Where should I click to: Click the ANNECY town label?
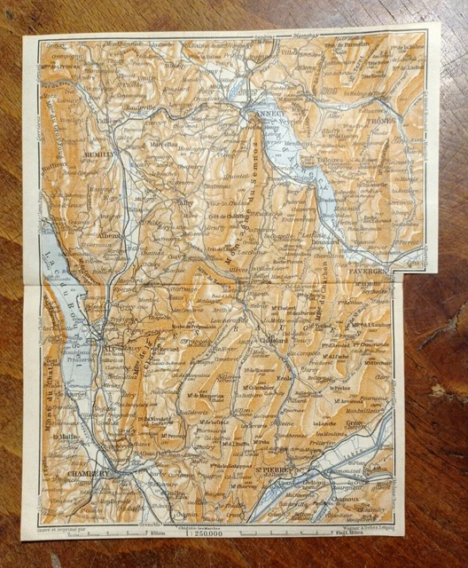pyautogui.click(x=268, y=114)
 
